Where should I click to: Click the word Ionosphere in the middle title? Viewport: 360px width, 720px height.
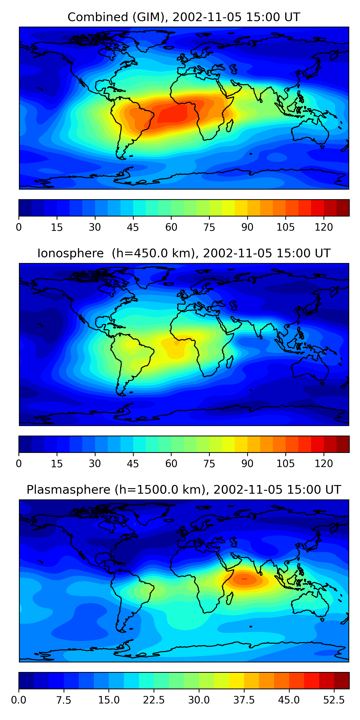[70, 253]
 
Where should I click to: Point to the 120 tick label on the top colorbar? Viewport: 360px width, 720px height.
[324, 227]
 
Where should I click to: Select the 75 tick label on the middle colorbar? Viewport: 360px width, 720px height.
[209, 464]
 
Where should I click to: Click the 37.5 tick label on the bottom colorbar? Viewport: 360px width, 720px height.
[244, 700]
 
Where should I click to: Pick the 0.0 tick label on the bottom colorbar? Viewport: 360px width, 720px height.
[19, 700]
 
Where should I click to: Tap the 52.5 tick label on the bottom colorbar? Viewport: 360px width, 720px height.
[334, 700]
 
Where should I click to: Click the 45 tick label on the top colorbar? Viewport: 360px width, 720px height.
[133, 227]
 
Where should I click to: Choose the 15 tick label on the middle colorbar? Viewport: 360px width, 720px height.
[57, 464]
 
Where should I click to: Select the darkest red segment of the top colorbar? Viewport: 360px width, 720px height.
[343, 208]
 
